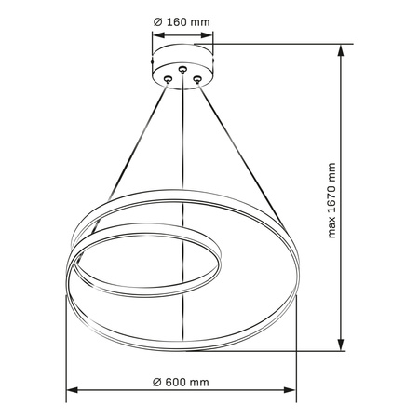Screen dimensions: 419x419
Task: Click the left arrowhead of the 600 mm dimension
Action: point(68,392)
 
